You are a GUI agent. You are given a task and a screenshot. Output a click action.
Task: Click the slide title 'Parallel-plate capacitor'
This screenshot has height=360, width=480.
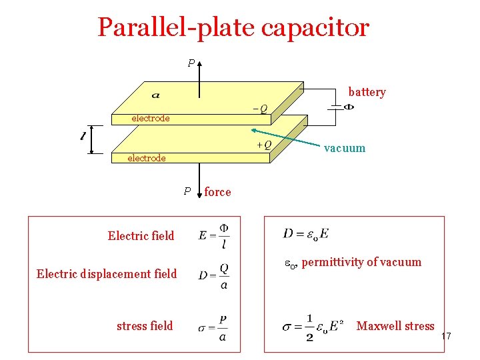[233, 28]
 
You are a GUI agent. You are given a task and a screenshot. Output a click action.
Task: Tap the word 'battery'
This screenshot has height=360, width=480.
[367, 92]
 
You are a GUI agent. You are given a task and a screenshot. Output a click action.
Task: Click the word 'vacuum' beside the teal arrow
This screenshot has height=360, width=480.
[345, 148]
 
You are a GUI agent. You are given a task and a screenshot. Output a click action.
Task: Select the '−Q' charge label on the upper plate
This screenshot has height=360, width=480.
[259, 109]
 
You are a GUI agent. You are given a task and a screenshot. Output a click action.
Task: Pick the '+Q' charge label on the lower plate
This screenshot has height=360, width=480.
[264, 145]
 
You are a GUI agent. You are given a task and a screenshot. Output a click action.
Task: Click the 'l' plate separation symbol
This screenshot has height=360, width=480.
[83, 137]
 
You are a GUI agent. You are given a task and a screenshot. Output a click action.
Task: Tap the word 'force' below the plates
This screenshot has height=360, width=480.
[217, 192]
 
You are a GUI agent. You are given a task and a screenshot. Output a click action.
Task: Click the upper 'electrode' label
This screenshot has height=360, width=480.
[150, 118]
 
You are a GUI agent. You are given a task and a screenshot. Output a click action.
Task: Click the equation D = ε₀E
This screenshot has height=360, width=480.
[306, 233]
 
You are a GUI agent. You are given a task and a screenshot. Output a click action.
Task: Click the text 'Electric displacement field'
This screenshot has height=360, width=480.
[107, 273]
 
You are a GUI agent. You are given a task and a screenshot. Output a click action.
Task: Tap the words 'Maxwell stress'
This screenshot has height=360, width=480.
[395, 326]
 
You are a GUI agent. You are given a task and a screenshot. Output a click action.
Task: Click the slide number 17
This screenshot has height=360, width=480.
[446, 337]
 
